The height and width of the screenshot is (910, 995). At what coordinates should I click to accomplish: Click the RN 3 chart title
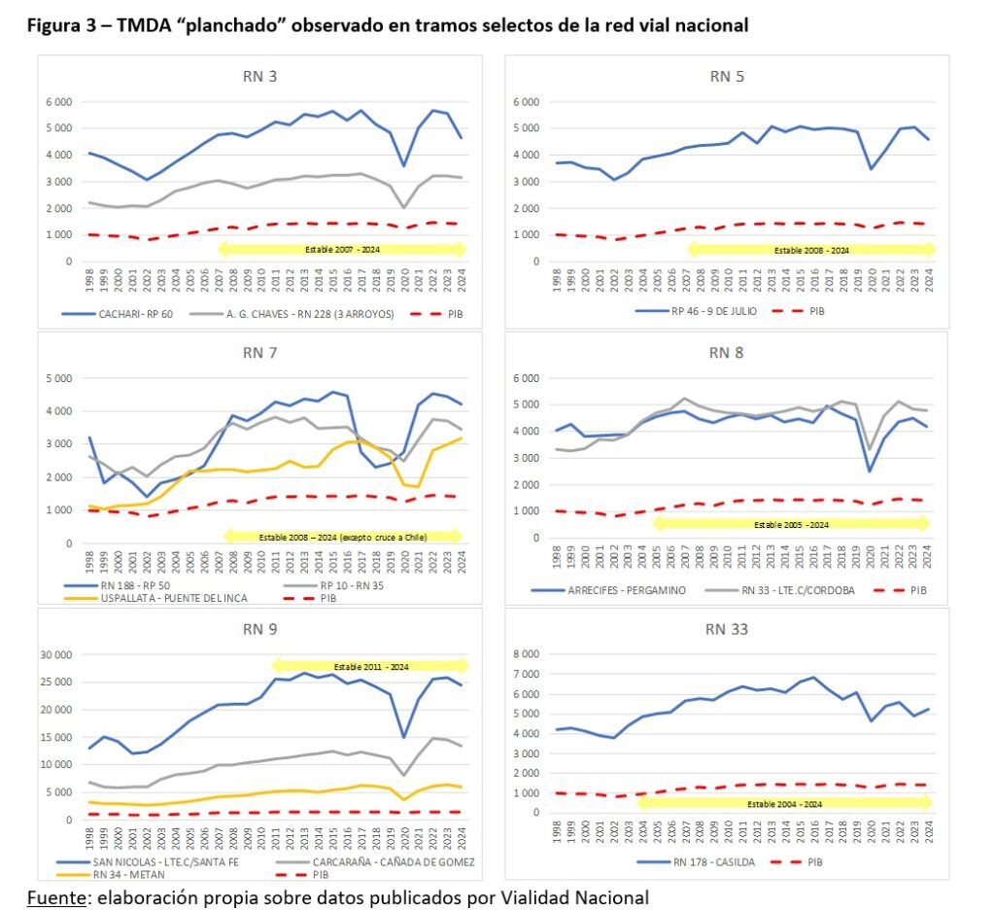click(x=260, y=77)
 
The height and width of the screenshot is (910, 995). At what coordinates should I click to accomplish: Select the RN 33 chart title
click(x=727, y=629)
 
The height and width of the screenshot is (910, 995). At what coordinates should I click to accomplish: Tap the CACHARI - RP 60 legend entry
click(x=118, y=314)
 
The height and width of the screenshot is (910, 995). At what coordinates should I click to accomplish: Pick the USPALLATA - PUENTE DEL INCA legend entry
click(x=155, y=598)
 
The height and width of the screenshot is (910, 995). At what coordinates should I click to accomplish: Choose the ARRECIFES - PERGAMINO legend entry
click(x=608, y=590)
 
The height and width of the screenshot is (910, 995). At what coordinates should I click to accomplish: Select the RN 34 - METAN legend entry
click(x=111, y=874)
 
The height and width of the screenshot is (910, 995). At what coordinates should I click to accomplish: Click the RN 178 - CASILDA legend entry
click(x=696, y=861)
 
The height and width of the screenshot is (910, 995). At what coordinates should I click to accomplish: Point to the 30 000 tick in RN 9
click(x=55, y=654)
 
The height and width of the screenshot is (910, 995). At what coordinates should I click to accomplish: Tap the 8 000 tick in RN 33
click(x=526, y=653)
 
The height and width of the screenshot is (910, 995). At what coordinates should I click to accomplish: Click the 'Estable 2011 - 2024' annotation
click(x=371, y=667)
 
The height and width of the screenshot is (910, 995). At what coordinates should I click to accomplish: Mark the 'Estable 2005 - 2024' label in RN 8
click(x=791, y=525)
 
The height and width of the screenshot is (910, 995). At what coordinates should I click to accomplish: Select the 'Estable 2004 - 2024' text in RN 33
click(x=784, y=804)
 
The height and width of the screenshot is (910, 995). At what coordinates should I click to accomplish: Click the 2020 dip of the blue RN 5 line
click(x=872, y=169)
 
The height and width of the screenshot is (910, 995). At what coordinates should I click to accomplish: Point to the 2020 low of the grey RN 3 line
click(x=404, y=208)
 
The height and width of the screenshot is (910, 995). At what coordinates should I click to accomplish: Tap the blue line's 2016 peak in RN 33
click(x=814, y=677)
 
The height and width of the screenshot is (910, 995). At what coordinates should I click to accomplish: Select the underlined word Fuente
click(x=55, y=897)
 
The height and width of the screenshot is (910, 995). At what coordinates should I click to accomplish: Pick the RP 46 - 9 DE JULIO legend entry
click(x=696, y=311)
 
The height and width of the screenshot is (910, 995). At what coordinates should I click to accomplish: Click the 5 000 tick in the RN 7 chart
click(x=59, y=378)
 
